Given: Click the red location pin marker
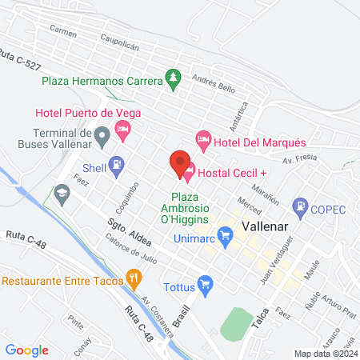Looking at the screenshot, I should coord(180,162).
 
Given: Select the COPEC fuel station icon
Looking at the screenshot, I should coord(301,206).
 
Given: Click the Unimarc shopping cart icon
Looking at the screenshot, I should coord(226,234).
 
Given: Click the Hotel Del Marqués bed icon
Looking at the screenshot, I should coord(203,141).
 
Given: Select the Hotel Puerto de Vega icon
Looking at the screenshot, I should coord(122,129).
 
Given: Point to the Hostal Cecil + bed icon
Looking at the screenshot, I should coord(190,170).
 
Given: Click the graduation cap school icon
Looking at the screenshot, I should coord(62,193).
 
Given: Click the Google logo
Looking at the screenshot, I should coord(26,350).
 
